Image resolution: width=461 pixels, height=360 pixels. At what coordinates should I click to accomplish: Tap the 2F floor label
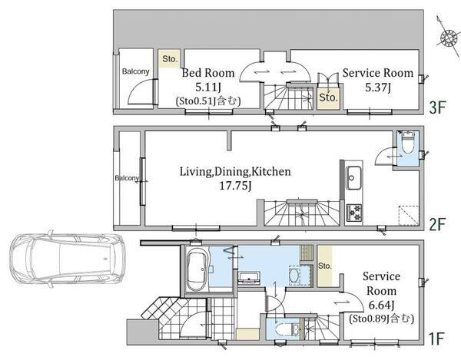pos(438,224)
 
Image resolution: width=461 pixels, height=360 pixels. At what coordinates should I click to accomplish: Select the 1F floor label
pos(436,339)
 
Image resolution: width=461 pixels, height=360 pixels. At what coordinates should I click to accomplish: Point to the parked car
pos(66,259)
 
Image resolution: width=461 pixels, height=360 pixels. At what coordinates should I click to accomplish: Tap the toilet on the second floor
pos(408,143)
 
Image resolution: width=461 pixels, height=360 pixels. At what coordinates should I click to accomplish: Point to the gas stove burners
pos(354,212)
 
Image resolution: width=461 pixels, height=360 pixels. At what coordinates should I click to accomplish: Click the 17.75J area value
pos(235,186)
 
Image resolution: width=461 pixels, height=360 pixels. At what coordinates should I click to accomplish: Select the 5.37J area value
pos(378,88)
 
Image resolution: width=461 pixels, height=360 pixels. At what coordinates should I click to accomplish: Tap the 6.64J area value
pos(381,306)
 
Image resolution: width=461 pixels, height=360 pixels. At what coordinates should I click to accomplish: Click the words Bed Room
pos(208,73)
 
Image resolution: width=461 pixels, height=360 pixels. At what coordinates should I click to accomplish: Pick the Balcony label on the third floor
pos(135,71)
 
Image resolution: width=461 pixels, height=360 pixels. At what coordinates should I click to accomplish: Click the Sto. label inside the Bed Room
pos(170,59)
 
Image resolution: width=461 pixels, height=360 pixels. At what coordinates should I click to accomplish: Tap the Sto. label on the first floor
pos(324,266)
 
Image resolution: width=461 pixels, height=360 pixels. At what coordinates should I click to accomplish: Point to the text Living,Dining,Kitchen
pos(235,171)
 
